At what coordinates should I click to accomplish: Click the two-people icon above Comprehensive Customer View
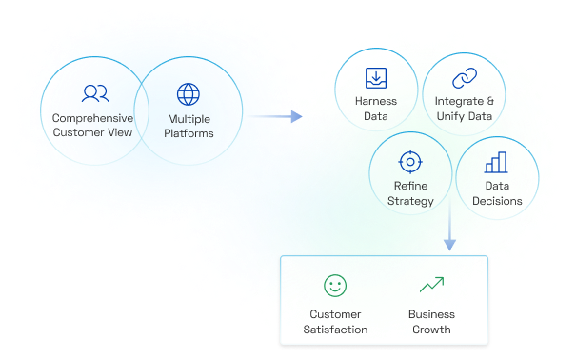click(x=93, y=93)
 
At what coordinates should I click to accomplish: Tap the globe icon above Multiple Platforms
click(x=189, y=94)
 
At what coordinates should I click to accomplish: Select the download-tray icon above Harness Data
click(x=375, y=78)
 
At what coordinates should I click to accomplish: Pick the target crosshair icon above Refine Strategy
click(x=410, y=160)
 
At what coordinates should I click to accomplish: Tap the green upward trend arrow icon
click(x=431, y=284)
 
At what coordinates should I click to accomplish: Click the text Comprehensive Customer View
click(x=93, y=126)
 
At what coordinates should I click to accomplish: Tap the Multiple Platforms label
click(x=190, y=126)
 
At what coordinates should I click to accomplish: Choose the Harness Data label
click(x=375, y=109)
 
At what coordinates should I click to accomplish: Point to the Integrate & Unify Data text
click(x=464, y=109)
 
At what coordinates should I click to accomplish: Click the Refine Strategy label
click(x=410, y=193)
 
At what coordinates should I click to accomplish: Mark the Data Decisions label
click(x=497, y=193)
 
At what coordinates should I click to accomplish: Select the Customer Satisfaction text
click(x=335, y=322)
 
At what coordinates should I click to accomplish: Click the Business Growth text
click(x=431, y=322)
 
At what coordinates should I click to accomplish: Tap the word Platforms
click(x=190, y=133)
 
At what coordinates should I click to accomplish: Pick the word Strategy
click(x=410, y=201)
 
